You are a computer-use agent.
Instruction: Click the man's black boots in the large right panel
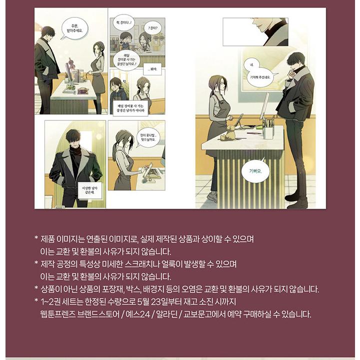298,202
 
